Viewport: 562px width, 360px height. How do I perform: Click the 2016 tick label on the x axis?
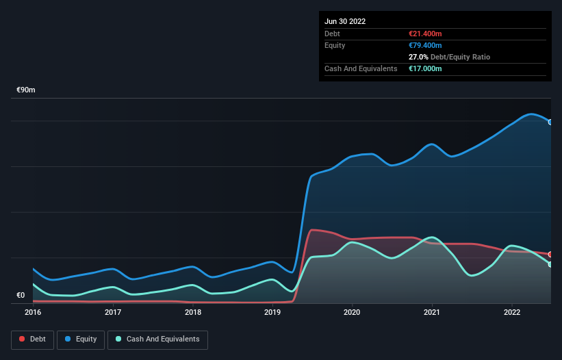(x=33, y=312)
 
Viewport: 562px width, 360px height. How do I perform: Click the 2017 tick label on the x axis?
(x=113, y=312)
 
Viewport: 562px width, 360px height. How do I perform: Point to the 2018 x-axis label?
(x=193, y=312)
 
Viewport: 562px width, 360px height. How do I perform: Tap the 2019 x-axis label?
(x=272, y=312)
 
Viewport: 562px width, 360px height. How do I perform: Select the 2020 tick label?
(x=353, y=312)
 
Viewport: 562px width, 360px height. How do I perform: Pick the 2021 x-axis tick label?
(x=432, y=312)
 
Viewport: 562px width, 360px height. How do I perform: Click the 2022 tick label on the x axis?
(x=512, y=312)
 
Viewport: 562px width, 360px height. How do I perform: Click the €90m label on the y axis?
(x=26, y=90)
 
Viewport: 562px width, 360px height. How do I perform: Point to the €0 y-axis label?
(x=21, y=296)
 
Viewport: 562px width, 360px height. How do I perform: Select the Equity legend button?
(x=81, y=339)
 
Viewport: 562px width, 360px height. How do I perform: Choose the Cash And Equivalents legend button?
(x=157, y=339)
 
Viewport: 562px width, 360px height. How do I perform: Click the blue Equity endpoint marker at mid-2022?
(x=550, y=122)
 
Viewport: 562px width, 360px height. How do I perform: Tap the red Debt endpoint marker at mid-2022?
(x=550, y=255)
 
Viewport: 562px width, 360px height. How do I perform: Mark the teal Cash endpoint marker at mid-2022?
(x=550, y=264)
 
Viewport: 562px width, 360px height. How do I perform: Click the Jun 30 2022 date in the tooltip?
(x=345, y=21)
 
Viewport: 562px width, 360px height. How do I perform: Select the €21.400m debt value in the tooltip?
(x=425, y=34)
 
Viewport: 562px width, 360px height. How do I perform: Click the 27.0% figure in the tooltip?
(x=418, y=57)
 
